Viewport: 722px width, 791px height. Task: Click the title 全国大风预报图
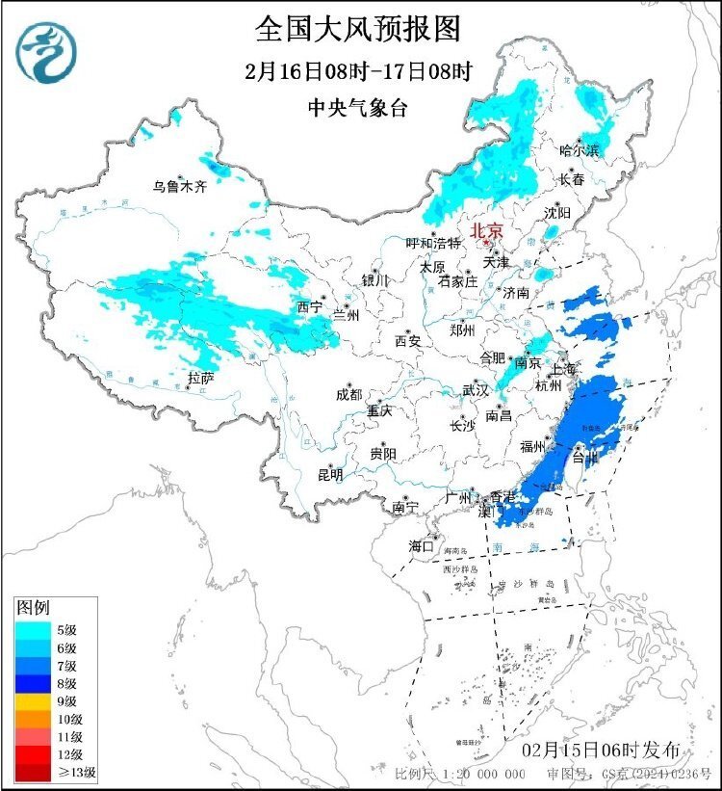pyautogui.click(x=357, y=29)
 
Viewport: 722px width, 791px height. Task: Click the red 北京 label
pyautogui.click(x=486, y=230)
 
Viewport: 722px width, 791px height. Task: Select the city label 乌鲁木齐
pyautogui.click(x=180, y=187)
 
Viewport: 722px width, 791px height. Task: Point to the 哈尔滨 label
pyautogui.click(x=580, y=150)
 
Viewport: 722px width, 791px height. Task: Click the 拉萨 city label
pyautogui.click(x=201, y=378)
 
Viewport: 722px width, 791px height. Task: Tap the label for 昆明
pyautogui.click(x=330, y=475)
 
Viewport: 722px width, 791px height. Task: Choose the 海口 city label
pyautogui.click(x=421, y=545)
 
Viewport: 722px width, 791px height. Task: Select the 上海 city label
pyautogui.click(x=563, y=369)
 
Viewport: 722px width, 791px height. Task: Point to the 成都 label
pyautogui.click(x=349, y=394)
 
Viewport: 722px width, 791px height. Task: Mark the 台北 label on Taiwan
pyautogui.click(x=583, y=459)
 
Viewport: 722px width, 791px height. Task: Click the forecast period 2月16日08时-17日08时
pyautogui.click(x=357, y=70)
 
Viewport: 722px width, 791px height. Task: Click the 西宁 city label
pyautogui.click(x=310, y=307)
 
